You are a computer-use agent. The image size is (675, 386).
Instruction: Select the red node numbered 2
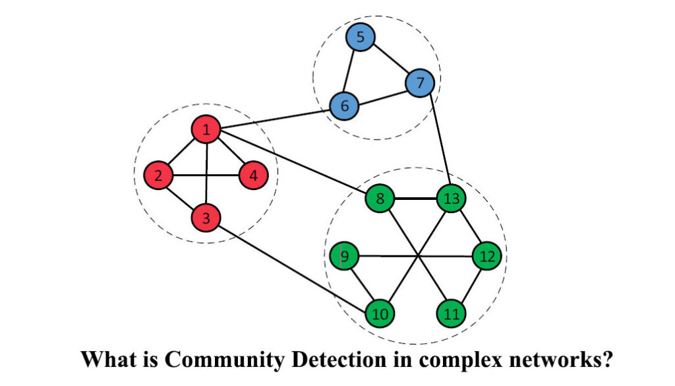[x=158, y=176]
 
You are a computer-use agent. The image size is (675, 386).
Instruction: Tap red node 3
[x=206, y=219]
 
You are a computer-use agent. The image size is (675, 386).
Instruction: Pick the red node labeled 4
[x=254, y=176]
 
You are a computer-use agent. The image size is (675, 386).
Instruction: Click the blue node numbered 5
[x=360, y=38]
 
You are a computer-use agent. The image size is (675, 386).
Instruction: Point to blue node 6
[x=343, y=106]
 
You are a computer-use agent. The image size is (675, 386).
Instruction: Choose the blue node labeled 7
[x=421, y=84]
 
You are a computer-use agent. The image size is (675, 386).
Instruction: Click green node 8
[x=380, y=197]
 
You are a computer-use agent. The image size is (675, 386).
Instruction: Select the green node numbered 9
[x=344, y=255]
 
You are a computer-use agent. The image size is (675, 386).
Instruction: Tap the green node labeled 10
[x=380, y=313]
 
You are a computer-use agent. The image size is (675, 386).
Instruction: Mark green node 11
[x=452, y=313]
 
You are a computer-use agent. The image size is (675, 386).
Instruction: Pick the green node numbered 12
[x=487, y=255]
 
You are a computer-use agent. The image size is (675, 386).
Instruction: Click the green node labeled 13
[x=452, y=197]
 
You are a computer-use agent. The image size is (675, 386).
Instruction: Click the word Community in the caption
[x=223, y=360]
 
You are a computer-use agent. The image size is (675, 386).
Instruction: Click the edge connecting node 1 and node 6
[x=275, y=118]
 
